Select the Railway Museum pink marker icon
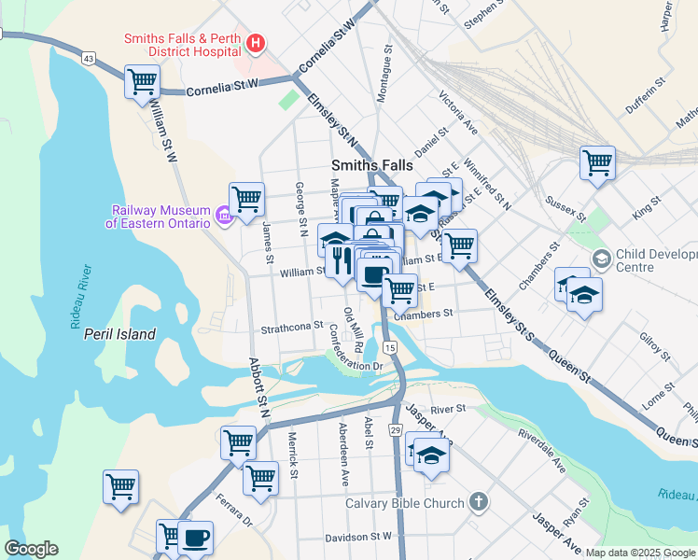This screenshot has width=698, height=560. [223, 217]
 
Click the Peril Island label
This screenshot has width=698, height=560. [119, 333]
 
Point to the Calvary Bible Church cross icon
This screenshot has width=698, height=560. [478, 503]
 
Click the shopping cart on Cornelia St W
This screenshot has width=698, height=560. [143, 81]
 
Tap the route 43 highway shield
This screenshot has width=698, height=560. [89, 58]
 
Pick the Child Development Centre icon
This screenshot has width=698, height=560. [602, 258]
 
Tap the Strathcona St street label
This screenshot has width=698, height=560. [291, 328]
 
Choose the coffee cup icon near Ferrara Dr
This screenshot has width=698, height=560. [195, 538]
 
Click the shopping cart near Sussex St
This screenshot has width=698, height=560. [597, 162]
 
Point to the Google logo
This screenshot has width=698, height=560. [31, 549]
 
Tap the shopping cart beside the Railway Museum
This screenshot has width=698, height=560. [246, 198]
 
